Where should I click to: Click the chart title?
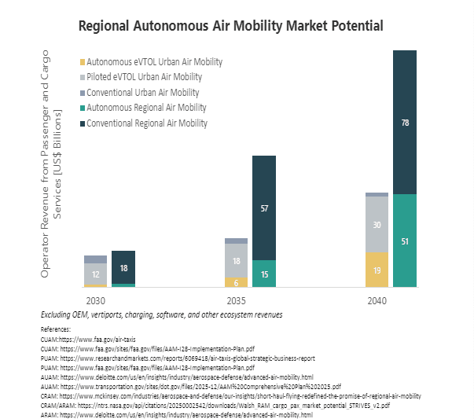230,27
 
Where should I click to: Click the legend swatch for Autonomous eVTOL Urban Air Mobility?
83,61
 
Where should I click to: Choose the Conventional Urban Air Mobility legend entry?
142,93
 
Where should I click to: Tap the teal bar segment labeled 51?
404,241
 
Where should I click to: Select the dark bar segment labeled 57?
264,208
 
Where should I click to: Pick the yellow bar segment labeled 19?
377,270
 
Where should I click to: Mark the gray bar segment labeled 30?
377,225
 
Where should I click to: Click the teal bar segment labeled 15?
264,274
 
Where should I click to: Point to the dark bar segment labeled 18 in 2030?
123,267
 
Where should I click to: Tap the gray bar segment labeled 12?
95,274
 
